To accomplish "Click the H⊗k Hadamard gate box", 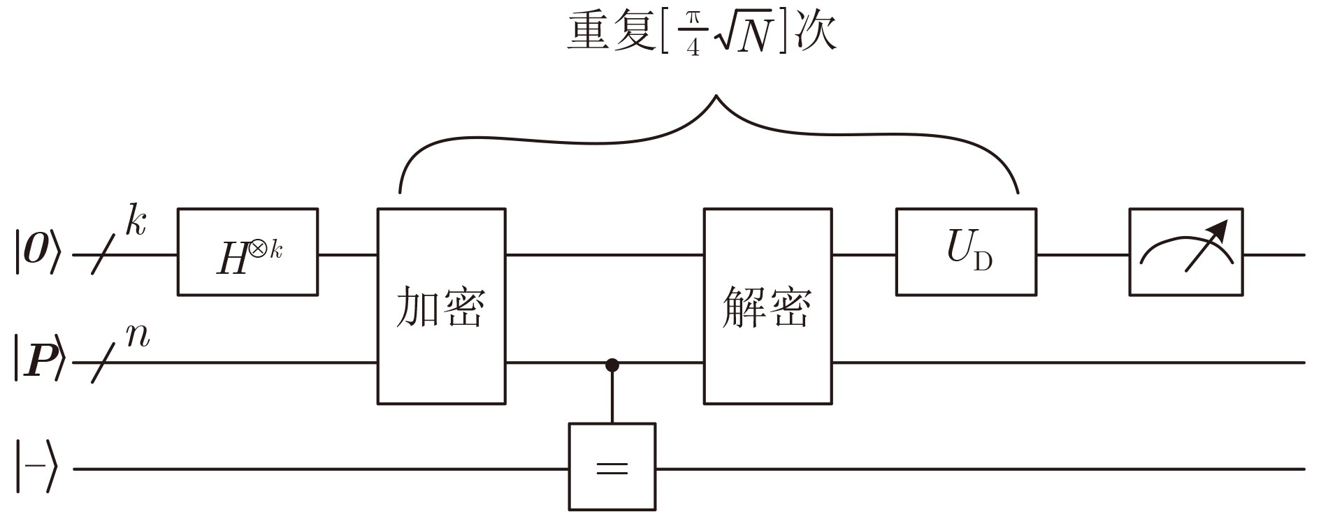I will (x=247, y=252).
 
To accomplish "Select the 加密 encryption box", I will (x=441, y=306).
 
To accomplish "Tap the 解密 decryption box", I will (x=767, y=306).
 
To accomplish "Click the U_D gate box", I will (x=966, y=252).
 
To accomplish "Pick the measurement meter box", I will (x=1185, y=252).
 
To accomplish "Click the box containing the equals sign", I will (x=612, y=467).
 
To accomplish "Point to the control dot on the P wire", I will (x=612, y=364).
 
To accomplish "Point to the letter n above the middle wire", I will (x=138, y=336).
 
